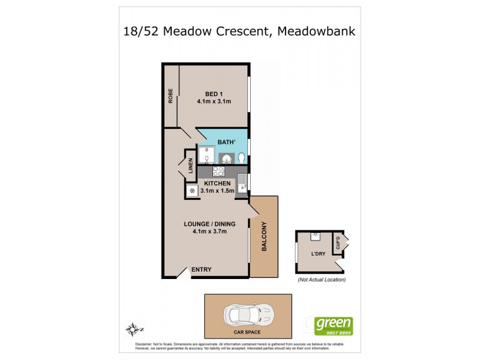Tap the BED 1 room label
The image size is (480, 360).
214,94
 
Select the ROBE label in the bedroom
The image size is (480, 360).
171,96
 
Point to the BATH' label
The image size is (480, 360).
226,143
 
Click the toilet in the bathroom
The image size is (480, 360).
241,158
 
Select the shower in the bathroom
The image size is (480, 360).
206,155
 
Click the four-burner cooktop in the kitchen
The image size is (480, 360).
217,171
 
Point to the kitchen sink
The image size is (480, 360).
241,181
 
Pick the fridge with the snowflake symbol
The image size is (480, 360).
193,191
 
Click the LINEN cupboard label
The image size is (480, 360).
190,165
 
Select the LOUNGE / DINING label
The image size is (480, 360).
209,224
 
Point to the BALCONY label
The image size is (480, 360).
264,236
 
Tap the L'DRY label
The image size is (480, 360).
318,254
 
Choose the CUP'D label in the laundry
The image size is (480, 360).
338,244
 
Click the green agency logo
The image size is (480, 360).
334,326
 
